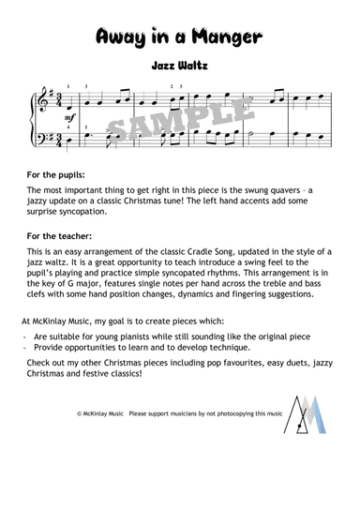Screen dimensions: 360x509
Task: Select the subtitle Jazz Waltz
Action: point(179,67)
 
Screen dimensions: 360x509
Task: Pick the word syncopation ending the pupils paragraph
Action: point(87,212)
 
